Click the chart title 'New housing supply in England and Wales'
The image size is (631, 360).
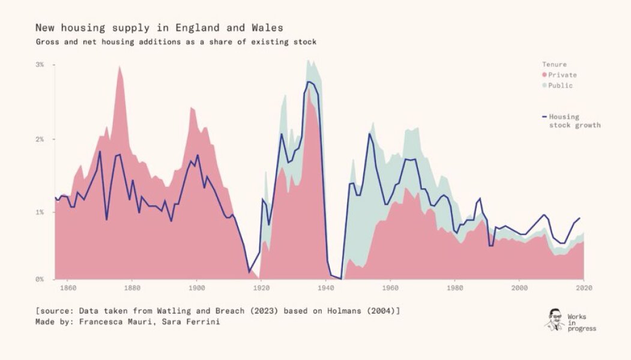pos(159,28)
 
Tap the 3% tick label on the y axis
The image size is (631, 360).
pos(40,64)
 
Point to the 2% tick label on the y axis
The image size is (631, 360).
pos(40,139)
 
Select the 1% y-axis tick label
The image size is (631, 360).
pos(40,212)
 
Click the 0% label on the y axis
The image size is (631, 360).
pos(40,279)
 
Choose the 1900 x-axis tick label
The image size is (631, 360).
pos(196,288)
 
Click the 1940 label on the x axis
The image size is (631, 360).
pos(325,288)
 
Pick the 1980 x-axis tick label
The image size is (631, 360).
pos(454,288)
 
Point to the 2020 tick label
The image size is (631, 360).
pos(584,288)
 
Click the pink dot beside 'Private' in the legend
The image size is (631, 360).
pos(545,75)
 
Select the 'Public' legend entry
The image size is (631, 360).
pos(560,85)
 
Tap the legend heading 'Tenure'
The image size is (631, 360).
pos(554,64)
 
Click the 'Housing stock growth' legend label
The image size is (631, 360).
pos(574,121)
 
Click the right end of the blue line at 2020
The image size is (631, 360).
pos(580,218)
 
